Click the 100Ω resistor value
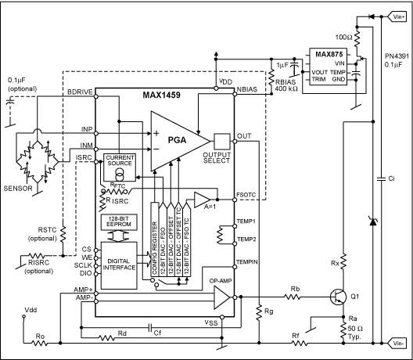click(340, 36)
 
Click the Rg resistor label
click(268, 311)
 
